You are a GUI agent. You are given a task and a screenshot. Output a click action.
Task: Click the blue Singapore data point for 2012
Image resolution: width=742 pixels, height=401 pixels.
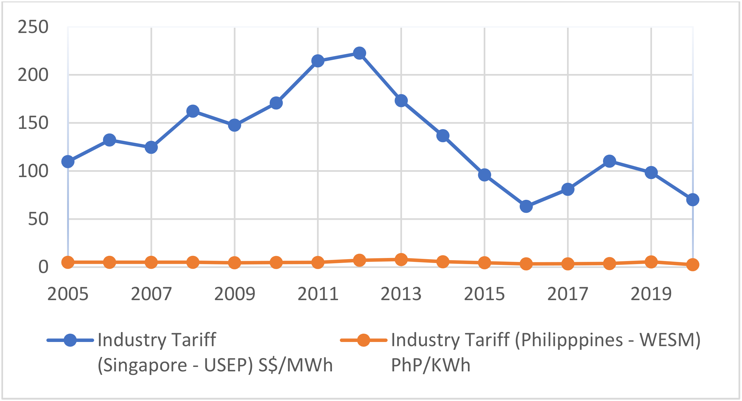pyautogui.click(x=359, y=53)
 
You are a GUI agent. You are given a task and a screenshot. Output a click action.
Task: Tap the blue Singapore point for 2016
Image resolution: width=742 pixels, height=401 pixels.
pyautogui.click(x=526, y=206)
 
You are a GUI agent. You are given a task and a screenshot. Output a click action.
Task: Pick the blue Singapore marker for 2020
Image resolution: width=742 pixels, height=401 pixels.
pyautogui.click(x=692, y=200)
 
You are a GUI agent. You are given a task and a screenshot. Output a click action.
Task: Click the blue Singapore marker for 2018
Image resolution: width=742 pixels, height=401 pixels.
pyautogui.click(x=609, y=161)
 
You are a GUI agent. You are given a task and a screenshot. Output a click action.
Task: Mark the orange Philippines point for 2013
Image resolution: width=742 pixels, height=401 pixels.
pyautogui.click(x=401, y=259)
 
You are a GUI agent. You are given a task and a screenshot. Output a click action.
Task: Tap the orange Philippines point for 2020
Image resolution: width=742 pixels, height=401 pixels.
pyautogui.click(x=692, y=265)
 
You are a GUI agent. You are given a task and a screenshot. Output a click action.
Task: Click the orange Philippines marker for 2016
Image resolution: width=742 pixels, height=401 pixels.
pyautogui.click(x=526, y=264)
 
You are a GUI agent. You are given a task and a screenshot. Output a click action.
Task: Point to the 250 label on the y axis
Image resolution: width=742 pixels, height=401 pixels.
pyautogui.click(x=33, y=27)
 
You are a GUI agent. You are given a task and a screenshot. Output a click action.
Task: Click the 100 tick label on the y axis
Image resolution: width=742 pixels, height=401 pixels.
pyautogui.click(x=33, y=171)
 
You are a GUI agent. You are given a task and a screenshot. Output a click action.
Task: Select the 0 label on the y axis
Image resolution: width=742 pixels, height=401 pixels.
pyautogui.click(x=43, y=267)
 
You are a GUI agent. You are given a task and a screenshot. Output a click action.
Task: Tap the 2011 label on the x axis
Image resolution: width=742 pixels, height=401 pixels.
pyautogui.click(x=318, y=294)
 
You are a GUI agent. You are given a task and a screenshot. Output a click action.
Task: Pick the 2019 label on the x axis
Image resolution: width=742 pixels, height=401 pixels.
pyautogui.click(x=651, y=294)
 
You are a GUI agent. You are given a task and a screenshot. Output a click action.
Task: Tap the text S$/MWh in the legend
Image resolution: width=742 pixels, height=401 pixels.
pyautogui.click(x=295, y=365)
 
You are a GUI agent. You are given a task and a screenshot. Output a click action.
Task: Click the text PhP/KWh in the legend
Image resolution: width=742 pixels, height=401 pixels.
pyautogui.click(x=431, y=365)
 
